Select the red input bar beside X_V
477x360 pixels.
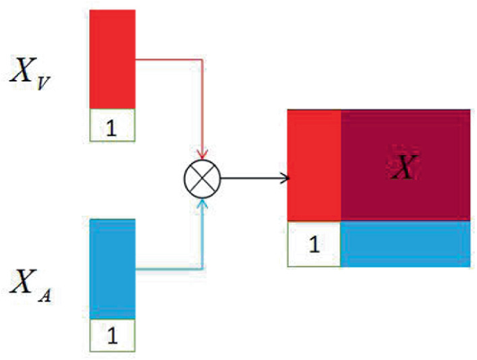[111, 59]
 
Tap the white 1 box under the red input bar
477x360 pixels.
[111, 125]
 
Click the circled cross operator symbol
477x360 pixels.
[201, 179]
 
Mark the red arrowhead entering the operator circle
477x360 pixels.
[201, 155]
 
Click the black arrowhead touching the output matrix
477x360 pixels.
[283, 179]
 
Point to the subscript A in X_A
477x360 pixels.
[45, 295]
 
